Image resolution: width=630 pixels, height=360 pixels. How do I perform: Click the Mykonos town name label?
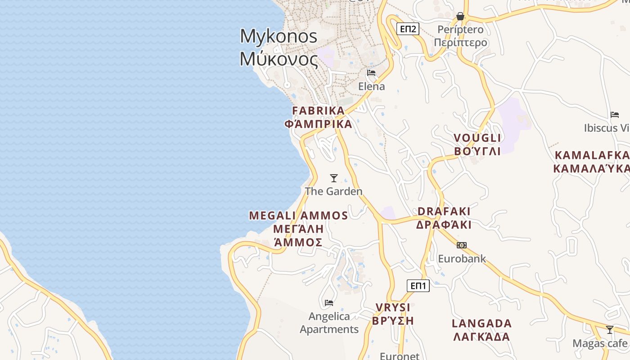click(279, 47)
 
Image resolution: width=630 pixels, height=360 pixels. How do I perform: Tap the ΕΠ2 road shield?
click(408, 29)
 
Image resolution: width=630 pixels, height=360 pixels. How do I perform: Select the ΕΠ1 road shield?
click(418, 285)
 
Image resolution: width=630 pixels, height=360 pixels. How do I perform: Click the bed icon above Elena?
click(371, 72)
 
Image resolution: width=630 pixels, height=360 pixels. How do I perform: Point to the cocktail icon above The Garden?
click(334, 178)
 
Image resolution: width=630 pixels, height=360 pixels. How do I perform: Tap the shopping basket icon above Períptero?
click(460, 16)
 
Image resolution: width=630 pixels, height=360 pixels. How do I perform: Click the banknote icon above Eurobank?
click(462, 245)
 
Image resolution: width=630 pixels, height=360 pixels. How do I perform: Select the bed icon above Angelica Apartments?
click(329, 302)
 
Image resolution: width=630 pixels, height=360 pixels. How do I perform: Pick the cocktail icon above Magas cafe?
click(610, 330)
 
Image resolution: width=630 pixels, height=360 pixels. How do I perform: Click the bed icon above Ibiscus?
click(615, 115)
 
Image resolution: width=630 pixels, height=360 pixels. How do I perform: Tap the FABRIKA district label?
click(318, 117)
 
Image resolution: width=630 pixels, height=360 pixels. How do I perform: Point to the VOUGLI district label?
click(477, 144)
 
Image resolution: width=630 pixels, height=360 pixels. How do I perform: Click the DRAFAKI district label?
click(444, 218)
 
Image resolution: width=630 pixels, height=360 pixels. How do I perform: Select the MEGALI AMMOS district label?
click(298, 229)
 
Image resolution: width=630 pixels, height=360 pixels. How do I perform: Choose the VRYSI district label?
click(393, 314)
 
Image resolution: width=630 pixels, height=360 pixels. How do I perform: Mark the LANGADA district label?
click(481, 330)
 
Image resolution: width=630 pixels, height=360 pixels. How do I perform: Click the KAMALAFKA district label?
click(591, 162)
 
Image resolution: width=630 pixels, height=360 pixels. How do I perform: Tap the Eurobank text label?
click(462, 259)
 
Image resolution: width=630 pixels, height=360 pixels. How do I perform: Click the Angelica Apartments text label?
click(329, 323)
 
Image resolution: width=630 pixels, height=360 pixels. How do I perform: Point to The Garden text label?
click(333, 191)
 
